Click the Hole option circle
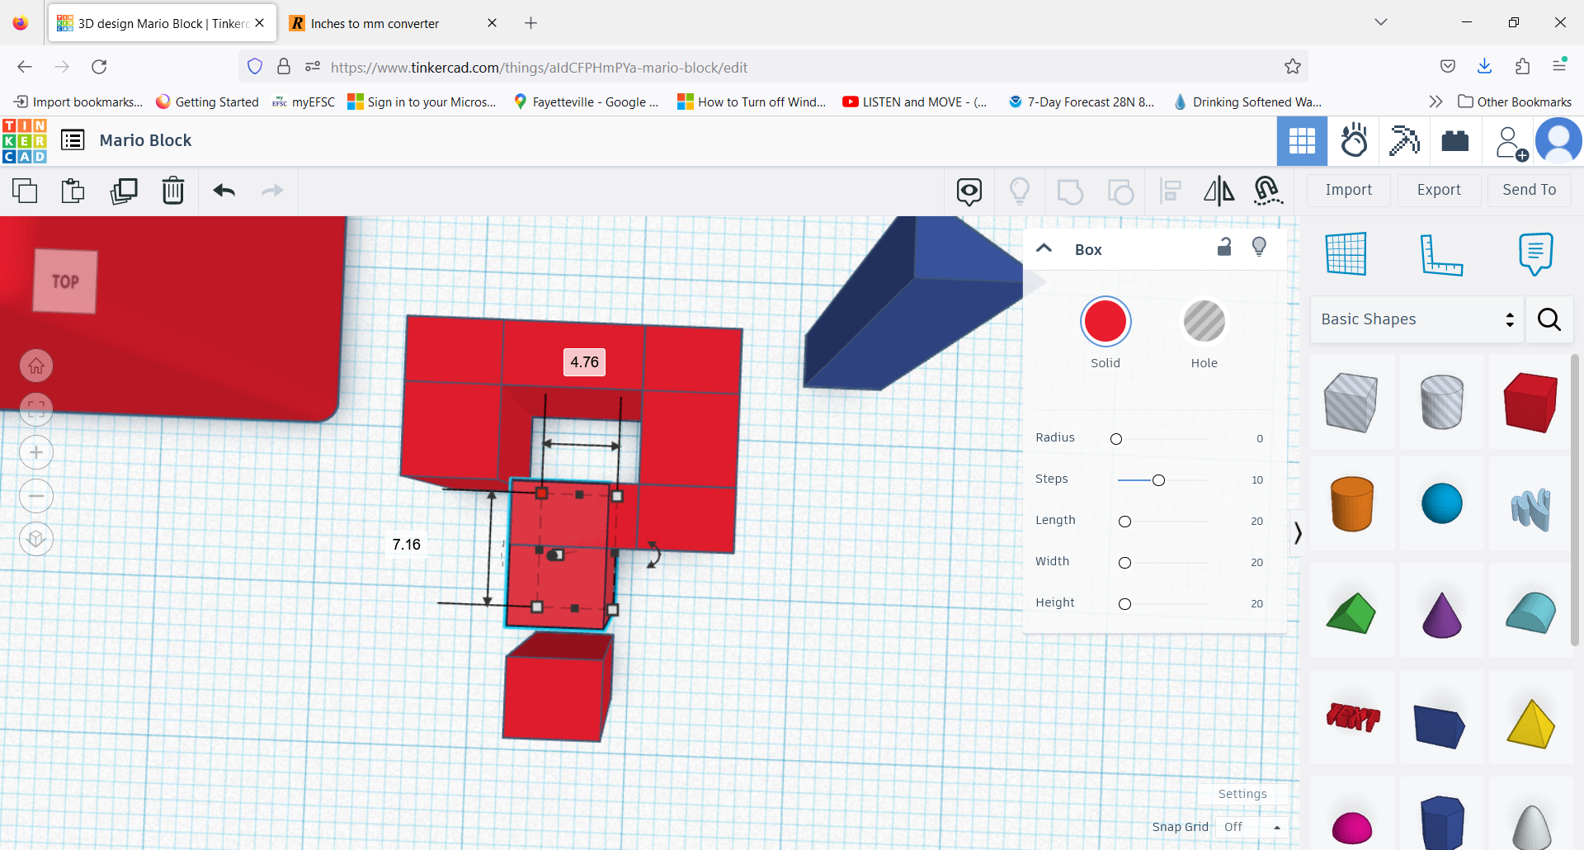pos(1204,322)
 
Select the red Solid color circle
pos(1105,322)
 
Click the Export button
pos(1439,190)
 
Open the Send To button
pos(1529,190)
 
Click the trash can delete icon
pos(173,191)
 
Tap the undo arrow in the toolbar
pos(224,191)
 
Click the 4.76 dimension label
pos(584,362)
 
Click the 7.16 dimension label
pos(407,545)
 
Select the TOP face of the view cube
pos(65,281)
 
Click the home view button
pos(36,366)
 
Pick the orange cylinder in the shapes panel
pos(1351,503)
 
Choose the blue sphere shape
pos(1441,503)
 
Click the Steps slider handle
pos(1158,480)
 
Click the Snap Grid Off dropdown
pos(1252,827)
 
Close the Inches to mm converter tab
pos(492,23)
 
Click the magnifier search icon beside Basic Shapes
pos(1549,319)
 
